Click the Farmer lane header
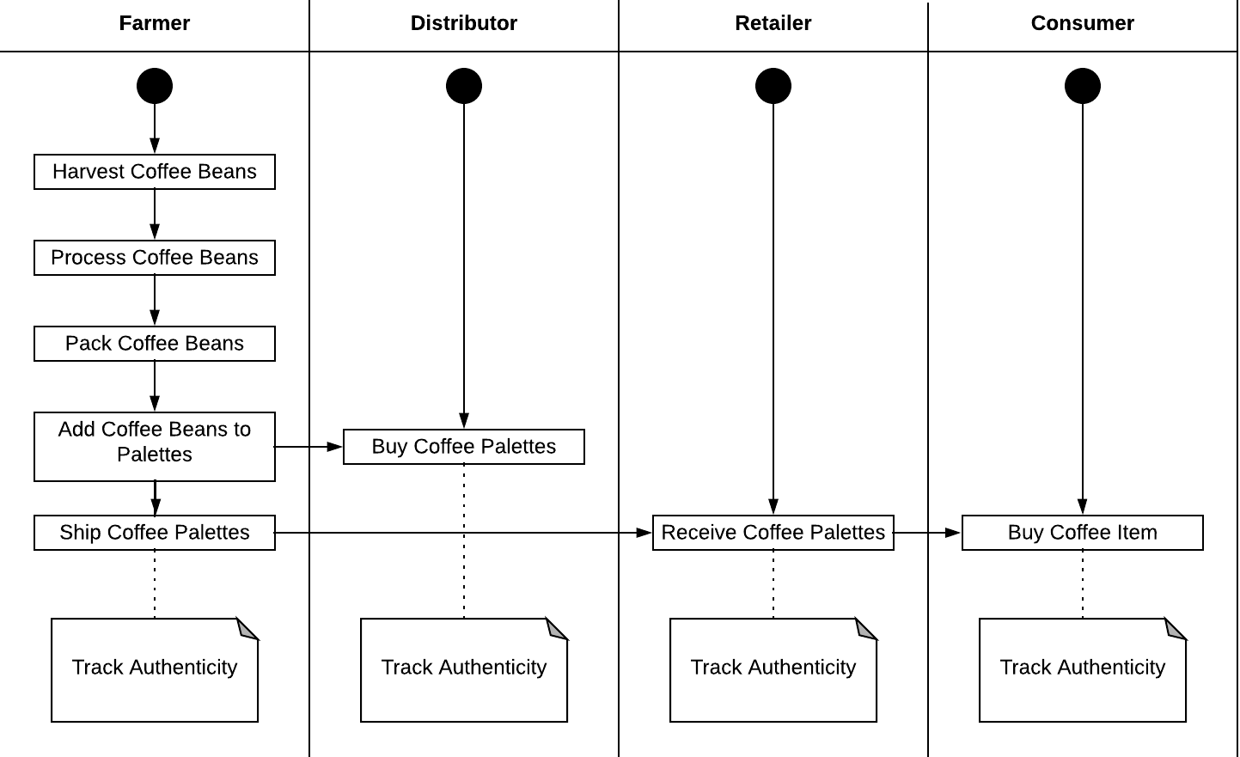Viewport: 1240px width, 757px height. pyautogui.click(x=155, y=24)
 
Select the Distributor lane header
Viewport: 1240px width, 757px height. pyautogui.click(x=464, y=24)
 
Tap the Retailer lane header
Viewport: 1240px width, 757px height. pyautogui.click(x=773, y=24)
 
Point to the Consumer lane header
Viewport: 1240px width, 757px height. pyautogui.click(x=1083, y=24)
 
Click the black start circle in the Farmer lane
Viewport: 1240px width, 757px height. pyautogui.click(x=155, y=86)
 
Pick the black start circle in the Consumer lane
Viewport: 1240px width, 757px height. pyautogui.click(x=1083, y=86)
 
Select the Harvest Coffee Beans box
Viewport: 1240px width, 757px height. pyautogui.click(x=155, y=172)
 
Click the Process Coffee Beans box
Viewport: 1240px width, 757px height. pyautogui.click(x=155, y=258)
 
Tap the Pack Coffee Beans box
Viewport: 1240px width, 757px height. pyautogui.click(x=155, y=344)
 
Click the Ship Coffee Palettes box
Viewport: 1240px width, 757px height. pyautogui.click(x=155, y=533)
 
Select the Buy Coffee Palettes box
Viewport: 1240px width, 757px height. pyautogui.click(x=464, y=447)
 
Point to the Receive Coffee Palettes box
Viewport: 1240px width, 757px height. pyautogui.click(x=773, y=533)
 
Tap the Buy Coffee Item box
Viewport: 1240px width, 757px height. pyautogui.click(x=1083, y=533)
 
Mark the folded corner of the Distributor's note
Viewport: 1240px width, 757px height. pyautogui.click(x=558, y=629)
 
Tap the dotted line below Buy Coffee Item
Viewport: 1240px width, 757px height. pyautogui.click(x=1083, y=584)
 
